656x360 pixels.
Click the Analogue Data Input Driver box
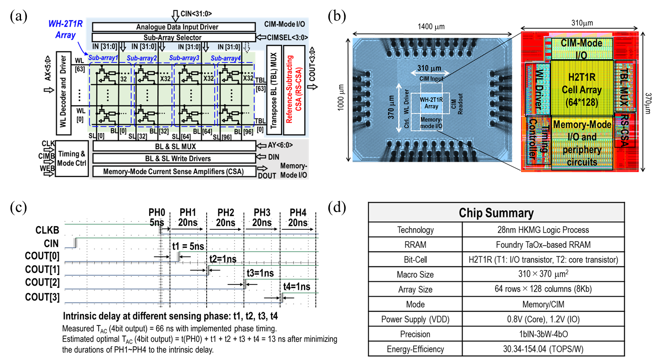173,27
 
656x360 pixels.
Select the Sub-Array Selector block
173,37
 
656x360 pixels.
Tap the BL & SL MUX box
173,146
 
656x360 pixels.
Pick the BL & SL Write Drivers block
173,158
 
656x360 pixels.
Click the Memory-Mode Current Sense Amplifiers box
173,171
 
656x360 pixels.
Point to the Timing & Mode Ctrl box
71,158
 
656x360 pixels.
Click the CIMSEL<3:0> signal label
287,37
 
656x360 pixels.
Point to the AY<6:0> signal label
280,145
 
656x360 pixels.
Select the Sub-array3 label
184,58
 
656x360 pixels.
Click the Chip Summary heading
496,213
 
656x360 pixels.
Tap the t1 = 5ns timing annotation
188,246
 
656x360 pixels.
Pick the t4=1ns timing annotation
297,286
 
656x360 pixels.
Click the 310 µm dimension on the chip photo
429,68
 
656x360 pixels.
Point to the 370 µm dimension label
391,107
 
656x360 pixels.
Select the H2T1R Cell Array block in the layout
582,89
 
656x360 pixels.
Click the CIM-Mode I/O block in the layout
581,49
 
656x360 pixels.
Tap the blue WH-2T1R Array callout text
65,29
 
